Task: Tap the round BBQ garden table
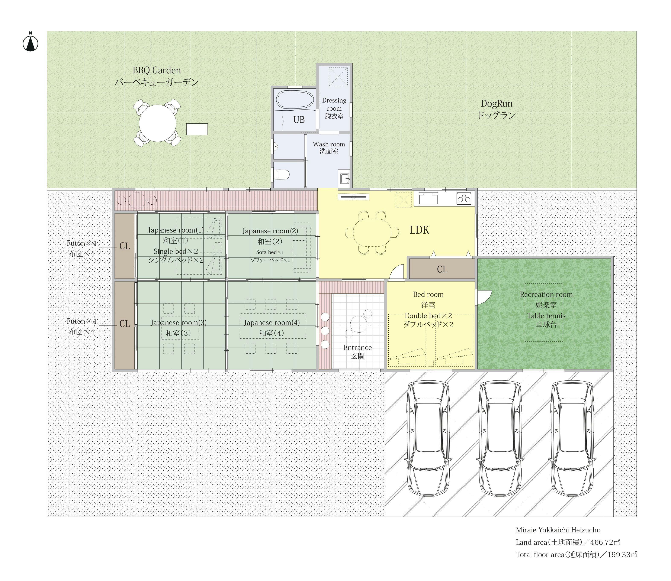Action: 157,123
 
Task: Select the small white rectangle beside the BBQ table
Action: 197,129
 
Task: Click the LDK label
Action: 419,230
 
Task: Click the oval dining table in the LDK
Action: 372,233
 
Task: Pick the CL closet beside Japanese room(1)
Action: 125,246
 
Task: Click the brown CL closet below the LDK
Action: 442,269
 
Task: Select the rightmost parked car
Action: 573,438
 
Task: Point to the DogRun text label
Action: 497,109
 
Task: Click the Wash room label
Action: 329,147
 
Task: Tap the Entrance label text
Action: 357,352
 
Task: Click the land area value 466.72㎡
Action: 605,542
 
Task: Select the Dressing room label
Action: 334,108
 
